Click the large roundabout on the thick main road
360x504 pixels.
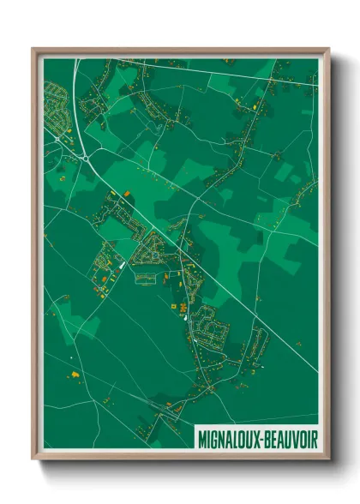click(87, 157)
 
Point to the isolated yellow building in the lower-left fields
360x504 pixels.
click(74, 374)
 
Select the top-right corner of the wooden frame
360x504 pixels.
click(328, 50)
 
